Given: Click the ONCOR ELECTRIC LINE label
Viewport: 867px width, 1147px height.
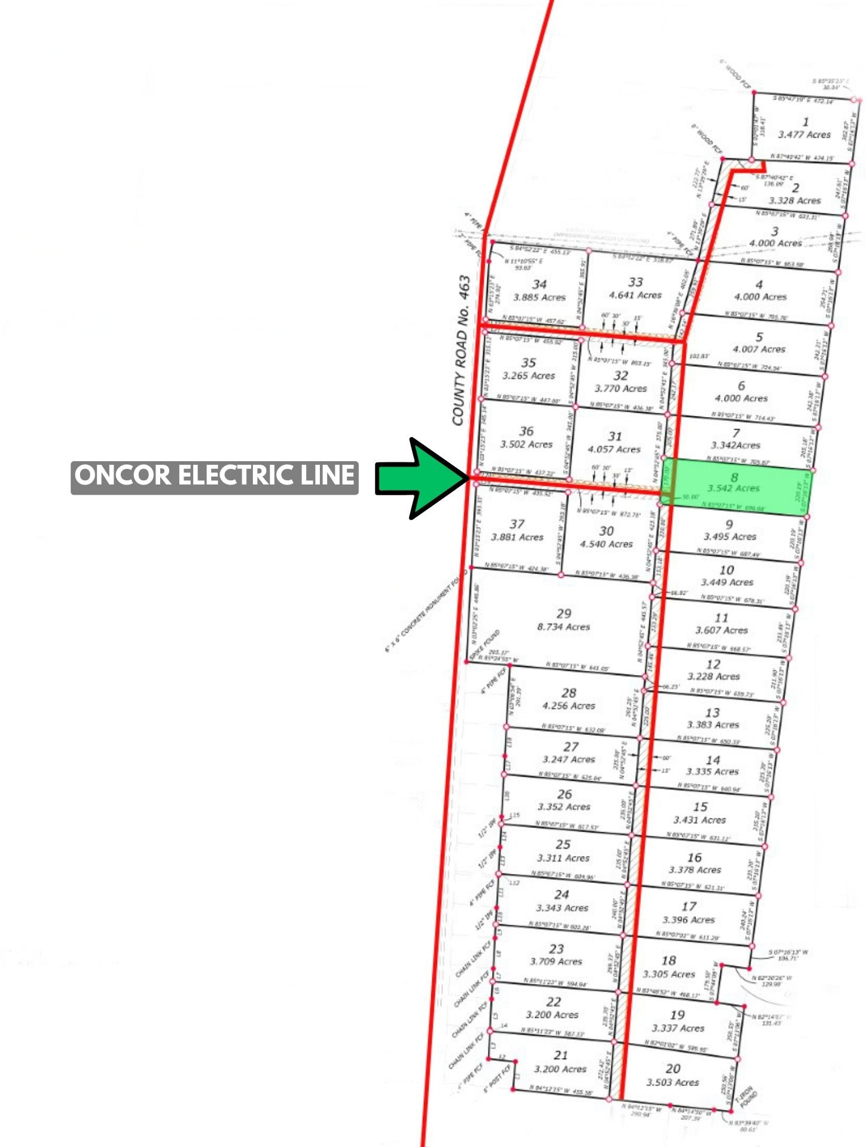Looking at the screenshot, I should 214,477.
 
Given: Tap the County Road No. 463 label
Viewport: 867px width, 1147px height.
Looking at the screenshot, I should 461,350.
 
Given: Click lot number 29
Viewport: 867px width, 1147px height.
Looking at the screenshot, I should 564,614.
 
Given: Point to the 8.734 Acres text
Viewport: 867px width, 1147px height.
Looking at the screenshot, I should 563,627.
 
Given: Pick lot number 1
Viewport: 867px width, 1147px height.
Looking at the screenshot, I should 805,122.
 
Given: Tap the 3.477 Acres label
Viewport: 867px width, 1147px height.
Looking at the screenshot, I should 804,135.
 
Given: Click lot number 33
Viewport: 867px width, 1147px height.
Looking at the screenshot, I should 636,282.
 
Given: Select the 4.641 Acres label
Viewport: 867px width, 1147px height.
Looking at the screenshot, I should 636,295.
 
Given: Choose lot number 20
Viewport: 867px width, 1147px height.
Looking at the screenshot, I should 673,1069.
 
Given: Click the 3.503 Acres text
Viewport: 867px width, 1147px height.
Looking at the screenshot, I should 673,1082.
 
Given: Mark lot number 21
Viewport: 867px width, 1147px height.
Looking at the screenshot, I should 560,1056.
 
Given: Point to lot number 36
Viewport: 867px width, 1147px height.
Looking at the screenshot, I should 526,431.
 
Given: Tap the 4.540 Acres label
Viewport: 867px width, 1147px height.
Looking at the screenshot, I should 606,544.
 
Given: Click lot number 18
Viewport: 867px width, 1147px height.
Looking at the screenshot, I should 668,961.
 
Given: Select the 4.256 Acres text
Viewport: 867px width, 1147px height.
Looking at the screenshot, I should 569,706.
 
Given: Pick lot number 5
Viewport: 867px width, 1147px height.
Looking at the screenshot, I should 759,337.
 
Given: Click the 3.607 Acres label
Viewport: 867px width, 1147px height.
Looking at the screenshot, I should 721,631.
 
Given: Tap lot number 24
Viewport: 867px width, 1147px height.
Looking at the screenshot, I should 561,894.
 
